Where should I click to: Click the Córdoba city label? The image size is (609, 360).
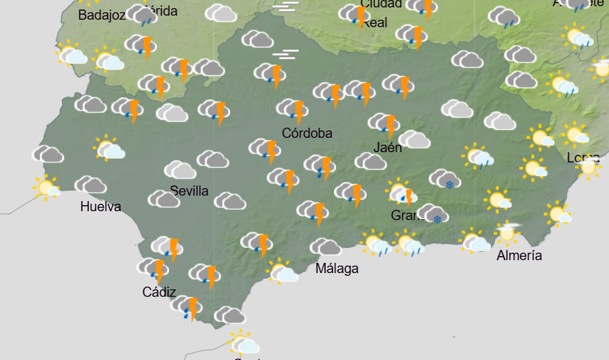(x=307, y=133)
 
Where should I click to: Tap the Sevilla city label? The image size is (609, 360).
(x=189, y=191)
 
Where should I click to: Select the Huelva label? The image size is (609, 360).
(x=100, y=206)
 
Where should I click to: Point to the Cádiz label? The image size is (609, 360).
(x=160, y=293)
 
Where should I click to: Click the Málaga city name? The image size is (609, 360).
(x=337, y=268)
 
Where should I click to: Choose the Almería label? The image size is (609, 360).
(x=519, y=256)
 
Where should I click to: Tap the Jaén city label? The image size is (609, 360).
(x=388, y=147)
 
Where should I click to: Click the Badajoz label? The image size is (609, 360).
(x=102, y=15)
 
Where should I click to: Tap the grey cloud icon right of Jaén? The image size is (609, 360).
(x=414, y=140)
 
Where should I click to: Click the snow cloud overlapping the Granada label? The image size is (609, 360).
(x=432, y=214)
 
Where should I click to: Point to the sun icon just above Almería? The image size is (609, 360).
(x=506, y=233)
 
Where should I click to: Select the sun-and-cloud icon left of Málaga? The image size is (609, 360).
(x=282, y=271)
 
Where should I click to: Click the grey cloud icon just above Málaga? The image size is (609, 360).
(x=325, y=247)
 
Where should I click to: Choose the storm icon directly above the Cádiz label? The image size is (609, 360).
(x=154, y=269)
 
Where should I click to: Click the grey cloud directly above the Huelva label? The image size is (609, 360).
(x=90, y=185)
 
